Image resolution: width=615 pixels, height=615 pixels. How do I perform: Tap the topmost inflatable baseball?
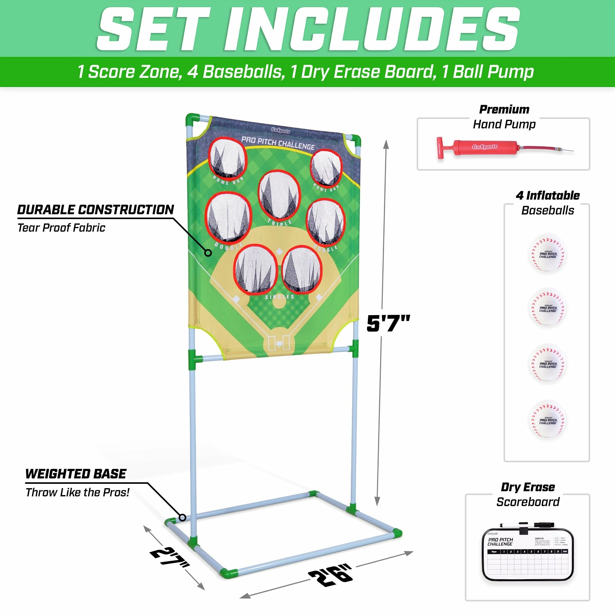pyautogui.click(x=548, y=253)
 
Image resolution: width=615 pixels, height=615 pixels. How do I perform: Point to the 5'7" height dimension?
pyautogui.click(x=388, y=323)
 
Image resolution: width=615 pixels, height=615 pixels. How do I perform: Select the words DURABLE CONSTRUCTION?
pyautogui.click(x=96, y=210)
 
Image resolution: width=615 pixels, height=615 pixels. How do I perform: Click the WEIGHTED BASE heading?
pyautogui.click(x=76, y=474)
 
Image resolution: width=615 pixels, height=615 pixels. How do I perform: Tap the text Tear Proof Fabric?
pyautogui.click(x=61, y=228)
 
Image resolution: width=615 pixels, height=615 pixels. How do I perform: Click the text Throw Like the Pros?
pyautogui.click(x=77, y=493)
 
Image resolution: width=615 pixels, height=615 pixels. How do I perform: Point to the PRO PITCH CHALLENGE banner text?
pyautogui.click(x=278, y=143)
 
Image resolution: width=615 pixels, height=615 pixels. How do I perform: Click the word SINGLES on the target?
pyautogui.click(x=280, y=297)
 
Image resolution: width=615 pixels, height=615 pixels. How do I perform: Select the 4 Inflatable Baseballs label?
pyautogui.click(x=548, y=203)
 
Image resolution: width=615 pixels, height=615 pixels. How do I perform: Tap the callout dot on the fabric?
pyautogui.click(x=208, y=253)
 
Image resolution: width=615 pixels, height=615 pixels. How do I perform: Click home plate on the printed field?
pyautogui.click(x=279, y=344)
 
